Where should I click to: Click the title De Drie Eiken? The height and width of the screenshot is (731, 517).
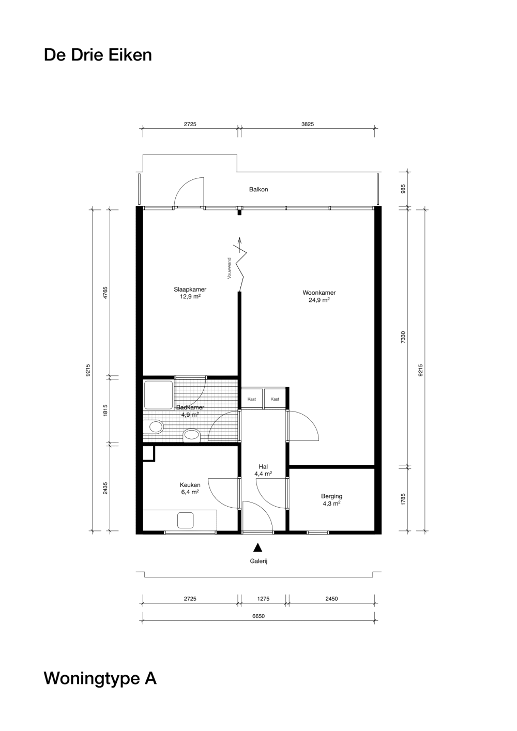98,55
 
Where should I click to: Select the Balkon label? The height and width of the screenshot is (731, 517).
258,189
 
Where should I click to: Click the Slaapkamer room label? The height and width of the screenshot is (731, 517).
190,290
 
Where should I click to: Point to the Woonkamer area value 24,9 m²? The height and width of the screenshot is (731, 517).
319,300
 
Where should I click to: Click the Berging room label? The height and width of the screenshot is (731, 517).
331,496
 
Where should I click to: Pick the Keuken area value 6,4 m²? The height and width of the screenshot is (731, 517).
190,492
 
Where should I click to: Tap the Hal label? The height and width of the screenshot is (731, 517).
263,467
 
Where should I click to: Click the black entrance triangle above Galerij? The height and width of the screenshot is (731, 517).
258,547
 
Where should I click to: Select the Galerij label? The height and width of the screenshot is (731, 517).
258,561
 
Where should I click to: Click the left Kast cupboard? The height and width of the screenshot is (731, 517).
252,399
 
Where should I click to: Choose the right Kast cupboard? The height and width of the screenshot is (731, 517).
275,399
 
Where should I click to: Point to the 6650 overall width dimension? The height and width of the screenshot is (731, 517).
258,616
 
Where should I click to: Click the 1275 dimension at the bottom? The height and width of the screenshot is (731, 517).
263,599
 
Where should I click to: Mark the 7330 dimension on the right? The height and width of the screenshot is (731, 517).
403,337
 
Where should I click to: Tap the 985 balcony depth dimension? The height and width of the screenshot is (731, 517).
403,189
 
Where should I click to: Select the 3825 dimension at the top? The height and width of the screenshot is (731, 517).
308,124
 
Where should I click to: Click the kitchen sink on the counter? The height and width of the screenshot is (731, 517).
186,520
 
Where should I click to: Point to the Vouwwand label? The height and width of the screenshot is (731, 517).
229,268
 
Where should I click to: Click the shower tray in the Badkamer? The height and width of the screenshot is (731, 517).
159,395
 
